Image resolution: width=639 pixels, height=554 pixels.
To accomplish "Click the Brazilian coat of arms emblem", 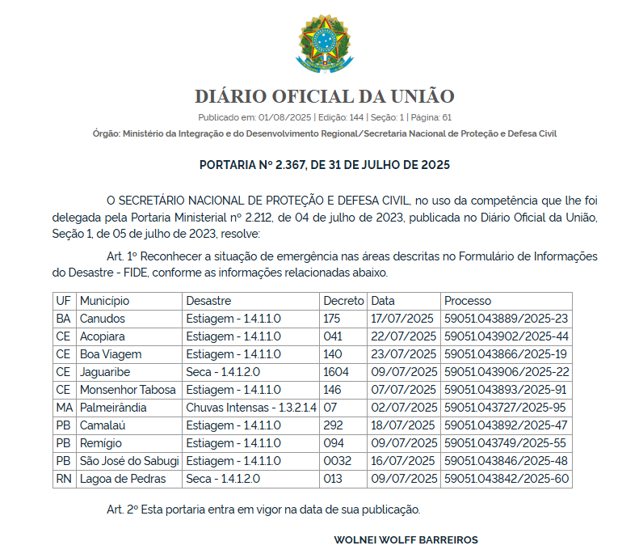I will click(x=324, y=42).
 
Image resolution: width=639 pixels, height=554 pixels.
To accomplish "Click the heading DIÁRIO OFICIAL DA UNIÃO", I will click(x=324, y=97).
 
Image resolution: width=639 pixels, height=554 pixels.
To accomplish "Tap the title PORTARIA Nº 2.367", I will click(x=324, y=165).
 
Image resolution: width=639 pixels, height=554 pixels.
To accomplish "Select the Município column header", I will click(x=104, y=301).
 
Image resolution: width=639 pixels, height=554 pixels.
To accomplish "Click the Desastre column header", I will click(x=208, y=301).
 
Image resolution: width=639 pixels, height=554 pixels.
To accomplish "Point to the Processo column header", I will click(x=468, y=301).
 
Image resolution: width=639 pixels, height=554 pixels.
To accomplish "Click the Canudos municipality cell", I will click(x=103, y=319).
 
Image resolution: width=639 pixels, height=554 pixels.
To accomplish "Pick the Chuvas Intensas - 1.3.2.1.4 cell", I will click(x=251, y=408).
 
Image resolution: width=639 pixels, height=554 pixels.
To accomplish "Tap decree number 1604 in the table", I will click(x=335, y=372).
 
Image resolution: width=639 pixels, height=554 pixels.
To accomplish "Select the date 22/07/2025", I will click(x=403, y=336).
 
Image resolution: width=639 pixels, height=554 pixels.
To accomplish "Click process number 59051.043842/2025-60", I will click(x=507, y=479).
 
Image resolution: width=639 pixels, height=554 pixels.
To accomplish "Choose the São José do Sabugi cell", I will click(x=129, y=461).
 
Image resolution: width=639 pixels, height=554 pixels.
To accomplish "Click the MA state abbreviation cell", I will click(x=65, y=408).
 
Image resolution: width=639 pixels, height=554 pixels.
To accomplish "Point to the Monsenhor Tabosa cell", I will click(x=128, y=390).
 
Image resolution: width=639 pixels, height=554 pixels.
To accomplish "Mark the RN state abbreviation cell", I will click(x=64, y=479).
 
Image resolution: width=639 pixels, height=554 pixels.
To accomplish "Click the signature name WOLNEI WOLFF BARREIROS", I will click(x=406, y=539).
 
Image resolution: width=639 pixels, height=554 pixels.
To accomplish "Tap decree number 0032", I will click(x=337, y=461).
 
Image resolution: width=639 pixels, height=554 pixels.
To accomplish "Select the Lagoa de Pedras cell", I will click(x=123, y=479).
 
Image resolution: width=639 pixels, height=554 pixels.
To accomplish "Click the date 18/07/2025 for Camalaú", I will click(x=403, y=425).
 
